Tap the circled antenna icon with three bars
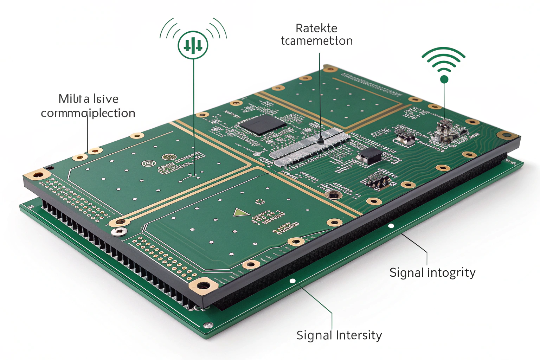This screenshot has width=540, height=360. tap(193, 45)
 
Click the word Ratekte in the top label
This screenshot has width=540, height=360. tap(316, 28)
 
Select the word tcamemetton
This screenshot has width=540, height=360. tap(317, 41)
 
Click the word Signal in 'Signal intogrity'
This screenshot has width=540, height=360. tap(406, 272)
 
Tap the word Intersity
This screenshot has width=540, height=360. tap(359, 335)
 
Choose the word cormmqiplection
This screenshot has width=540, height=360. tap(88, 113)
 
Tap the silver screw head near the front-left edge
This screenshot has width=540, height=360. tap(119, 231)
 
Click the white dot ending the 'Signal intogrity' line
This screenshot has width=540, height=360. tap(391, 226)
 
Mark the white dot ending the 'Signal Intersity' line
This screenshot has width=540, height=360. tap(292, 281)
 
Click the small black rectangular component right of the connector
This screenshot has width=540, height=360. tap(369, 155)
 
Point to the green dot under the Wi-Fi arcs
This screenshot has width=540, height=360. tap(444, 79)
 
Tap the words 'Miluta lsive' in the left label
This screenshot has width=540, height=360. tap(88, 99)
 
